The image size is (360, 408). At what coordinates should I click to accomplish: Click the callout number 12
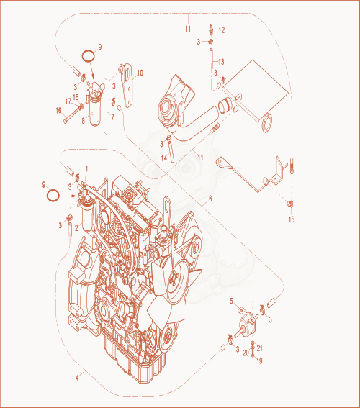(x=222, y=30)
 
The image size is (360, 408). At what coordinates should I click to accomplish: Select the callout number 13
(x=221, y=62)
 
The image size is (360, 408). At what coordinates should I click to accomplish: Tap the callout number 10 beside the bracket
(x=140, y=73)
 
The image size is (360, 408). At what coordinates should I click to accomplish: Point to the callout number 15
(x=292, y=219)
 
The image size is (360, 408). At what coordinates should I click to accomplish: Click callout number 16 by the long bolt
(x=58, y=111)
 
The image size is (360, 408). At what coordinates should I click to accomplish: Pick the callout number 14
(x=164, y=158)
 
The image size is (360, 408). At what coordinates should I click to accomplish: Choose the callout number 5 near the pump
(x=231, y=301)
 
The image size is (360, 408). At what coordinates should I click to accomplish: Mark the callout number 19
(x=259, y=361)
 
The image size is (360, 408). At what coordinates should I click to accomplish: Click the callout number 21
(x=259, y=348)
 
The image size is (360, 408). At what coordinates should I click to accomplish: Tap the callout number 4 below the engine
(x=77, y=378)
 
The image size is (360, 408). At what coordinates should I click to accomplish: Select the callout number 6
(x=210, y=199)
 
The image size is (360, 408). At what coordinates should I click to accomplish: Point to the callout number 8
(x=84, y=121)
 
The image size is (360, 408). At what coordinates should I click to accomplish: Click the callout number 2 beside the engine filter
(x=76, y=228)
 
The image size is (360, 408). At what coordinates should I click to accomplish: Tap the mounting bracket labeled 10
(x=127, y=85)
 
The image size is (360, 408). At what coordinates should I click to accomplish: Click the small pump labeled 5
(x=247, y=322)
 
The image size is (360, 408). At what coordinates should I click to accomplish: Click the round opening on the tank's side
(x=266, y=122)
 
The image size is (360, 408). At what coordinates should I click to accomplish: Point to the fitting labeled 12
(x=212, y=29)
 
